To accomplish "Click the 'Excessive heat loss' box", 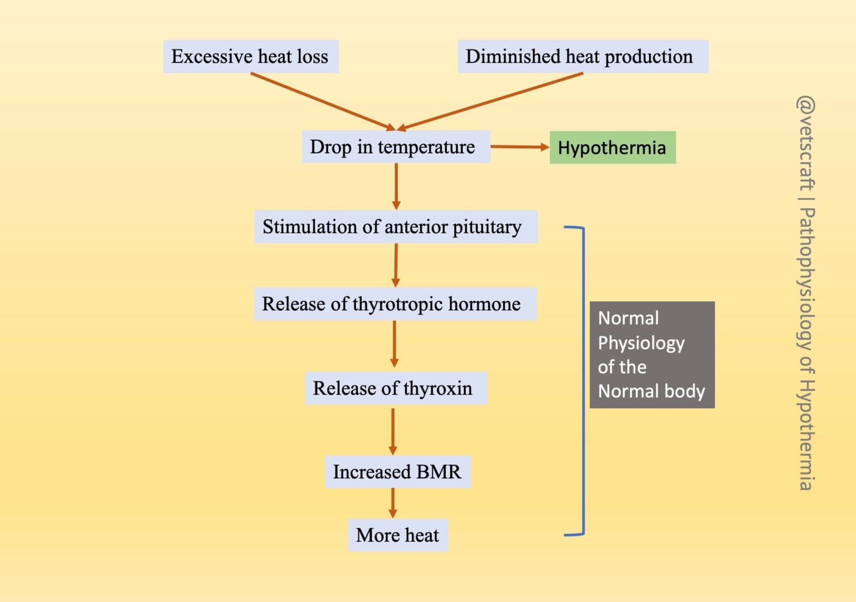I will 250,56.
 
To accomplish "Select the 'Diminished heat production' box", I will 582,56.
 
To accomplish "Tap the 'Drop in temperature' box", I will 396,147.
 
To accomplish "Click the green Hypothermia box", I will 612,148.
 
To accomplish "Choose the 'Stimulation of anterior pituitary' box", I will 396,227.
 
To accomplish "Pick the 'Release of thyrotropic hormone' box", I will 395,304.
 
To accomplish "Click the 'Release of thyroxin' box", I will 396,388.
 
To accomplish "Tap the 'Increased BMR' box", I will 397,472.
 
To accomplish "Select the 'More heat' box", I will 397,535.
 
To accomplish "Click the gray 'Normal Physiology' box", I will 651,355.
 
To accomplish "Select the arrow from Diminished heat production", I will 490,101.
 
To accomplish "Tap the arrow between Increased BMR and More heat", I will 393,503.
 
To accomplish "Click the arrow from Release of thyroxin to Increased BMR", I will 393,430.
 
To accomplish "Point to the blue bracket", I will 583,379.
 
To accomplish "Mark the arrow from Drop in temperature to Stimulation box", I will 396,187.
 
